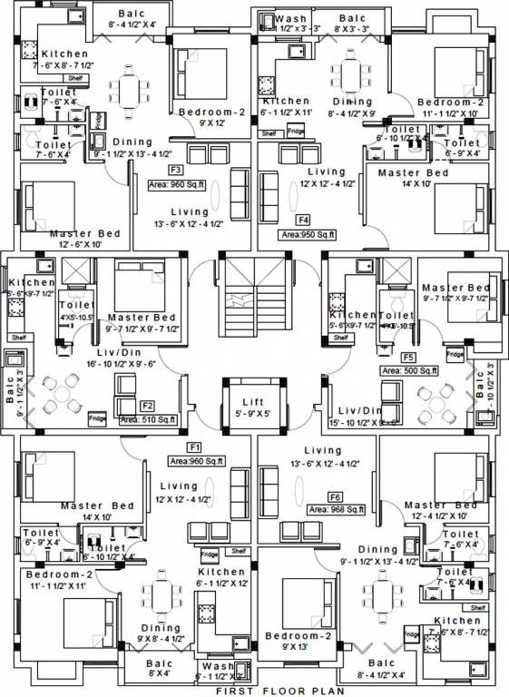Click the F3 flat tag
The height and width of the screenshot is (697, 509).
(x=176, y=170)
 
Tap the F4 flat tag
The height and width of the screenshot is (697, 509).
(x=303, y=220)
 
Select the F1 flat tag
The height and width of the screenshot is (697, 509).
(x=194, y=447)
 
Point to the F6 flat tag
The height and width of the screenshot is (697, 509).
(x=336, y=496)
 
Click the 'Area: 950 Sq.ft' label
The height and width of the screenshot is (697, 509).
(x=308, y=234)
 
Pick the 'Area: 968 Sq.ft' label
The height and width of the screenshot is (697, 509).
(x=336, y=510)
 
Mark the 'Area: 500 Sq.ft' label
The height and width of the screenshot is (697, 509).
(x=409, y=370)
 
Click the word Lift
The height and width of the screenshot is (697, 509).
(x=253, y=402)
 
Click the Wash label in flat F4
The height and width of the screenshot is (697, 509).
(x=290, y=18)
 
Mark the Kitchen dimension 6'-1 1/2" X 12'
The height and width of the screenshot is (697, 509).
(x=220, y=584)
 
